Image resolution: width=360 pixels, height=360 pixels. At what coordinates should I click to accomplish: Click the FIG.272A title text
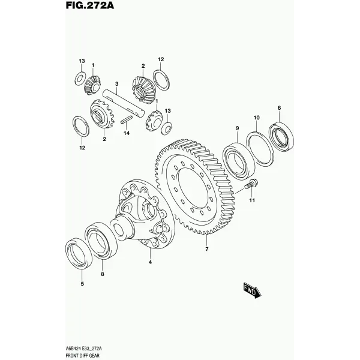coord(90,5)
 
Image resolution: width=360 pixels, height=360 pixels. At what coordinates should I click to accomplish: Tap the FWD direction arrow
coord(253,290)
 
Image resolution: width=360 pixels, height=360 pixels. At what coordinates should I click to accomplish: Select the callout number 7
coord(207,249)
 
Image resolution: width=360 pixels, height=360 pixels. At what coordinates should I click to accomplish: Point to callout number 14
coord(127,133)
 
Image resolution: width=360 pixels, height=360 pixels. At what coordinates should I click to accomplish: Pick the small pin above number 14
coord(127,119)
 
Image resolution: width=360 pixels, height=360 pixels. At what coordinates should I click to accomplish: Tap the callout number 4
coord(150,262)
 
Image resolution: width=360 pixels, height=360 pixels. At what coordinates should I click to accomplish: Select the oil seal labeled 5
coord(79,254)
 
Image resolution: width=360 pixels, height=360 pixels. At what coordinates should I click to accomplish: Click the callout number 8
coord(103,274)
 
